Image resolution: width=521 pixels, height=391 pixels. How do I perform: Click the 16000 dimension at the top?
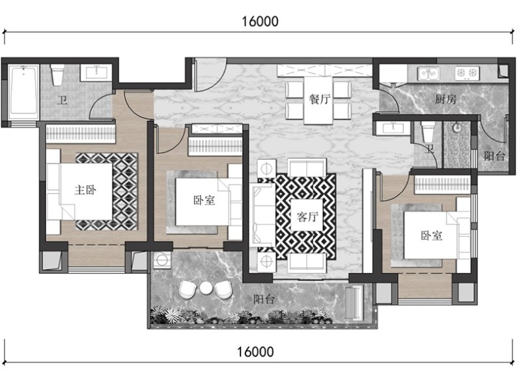[260, 22]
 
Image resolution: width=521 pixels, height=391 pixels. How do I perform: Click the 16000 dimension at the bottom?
[255, 352]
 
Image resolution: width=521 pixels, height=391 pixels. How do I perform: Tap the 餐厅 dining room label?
[319, 99]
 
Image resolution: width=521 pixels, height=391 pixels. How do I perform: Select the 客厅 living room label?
[307, 216]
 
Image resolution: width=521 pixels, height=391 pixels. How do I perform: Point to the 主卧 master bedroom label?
[85, 190]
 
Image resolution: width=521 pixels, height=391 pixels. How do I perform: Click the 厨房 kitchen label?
[446, 99]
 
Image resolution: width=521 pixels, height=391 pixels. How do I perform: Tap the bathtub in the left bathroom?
[23, 90]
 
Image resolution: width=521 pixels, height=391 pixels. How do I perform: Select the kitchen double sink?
[429, 73]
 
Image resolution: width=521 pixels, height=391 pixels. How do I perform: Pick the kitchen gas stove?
[467, 73]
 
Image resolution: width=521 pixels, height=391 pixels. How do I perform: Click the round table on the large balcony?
[206, 288]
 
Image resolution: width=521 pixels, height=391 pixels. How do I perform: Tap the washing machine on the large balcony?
[162, 260]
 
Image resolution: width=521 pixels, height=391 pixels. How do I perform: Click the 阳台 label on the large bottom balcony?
[264, 300]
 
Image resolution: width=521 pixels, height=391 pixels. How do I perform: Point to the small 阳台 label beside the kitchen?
[494, 156]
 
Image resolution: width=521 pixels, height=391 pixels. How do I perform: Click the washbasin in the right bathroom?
[393, 127]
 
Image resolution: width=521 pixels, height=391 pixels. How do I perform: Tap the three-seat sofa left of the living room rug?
[262, 215]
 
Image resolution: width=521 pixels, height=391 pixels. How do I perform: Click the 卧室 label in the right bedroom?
[432, 236]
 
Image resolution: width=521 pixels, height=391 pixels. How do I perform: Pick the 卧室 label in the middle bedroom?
[204, 200]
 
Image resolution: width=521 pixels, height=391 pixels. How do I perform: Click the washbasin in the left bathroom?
[96, 72]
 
